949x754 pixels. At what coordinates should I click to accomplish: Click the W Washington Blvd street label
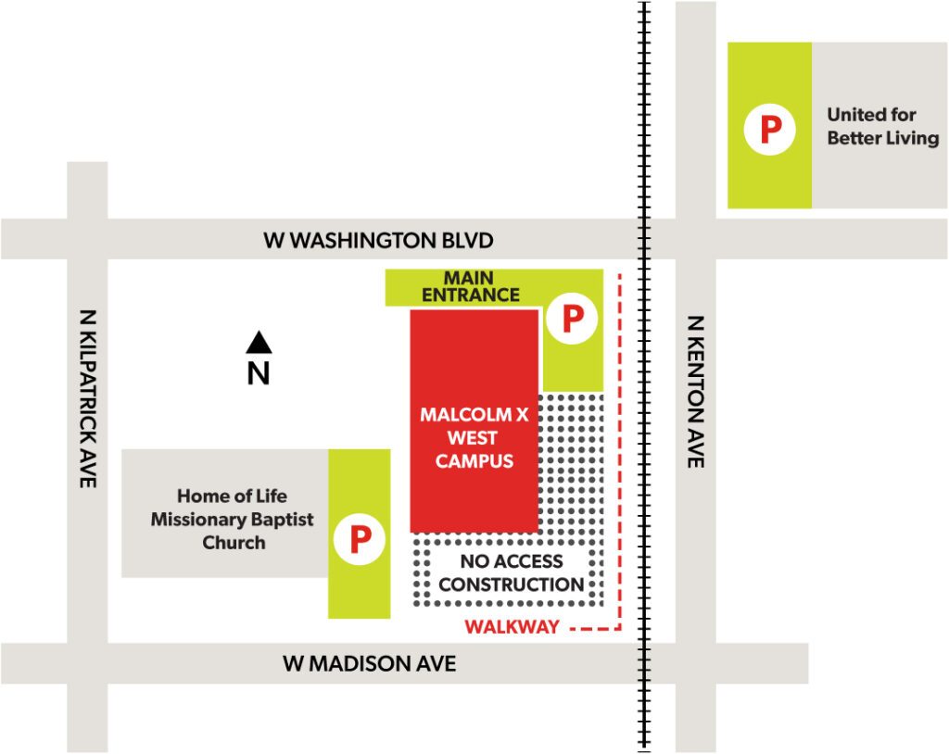(x=378, y=241)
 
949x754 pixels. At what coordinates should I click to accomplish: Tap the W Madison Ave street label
(x=369, y=664)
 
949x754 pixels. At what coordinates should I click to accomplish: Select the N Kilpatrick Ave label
(x=88, y=398)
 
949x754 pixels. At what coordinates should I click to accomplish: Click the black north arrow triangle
(x=259, y=344)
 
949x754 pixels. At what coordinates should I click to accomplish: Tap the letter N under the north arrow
(x=259, y=373)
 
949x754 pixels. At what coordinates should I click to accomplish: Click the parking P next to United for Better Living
(x=770, y=130)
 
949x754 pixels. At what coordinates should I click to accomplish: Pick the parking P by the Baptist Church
(x=359, y=537)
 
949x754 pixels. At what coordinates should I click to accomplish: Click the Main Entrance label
(x=470, y=286)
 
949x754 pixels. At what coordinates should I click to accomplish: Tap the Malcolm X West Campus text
(x=474, y=437)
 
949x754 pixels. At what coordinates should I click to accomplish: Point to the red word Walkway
(x=512, y=627)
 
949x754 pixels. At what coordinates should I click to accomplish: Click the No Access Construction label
(x=511, y=573)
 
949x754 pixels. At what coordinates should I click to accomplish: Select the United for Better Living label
(x=881, y=127)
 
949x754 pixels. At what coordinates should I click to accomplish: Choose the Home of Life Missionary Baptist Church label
(x=232, y=519)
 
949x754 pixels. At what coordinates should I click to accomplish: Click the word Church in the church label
(x=234, y=543)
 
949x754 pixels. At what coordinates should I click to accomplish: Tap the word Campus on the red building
(x=474, y=460)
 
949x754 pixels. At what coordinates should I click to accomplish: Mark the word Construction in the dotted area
(x=511, y=585)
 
